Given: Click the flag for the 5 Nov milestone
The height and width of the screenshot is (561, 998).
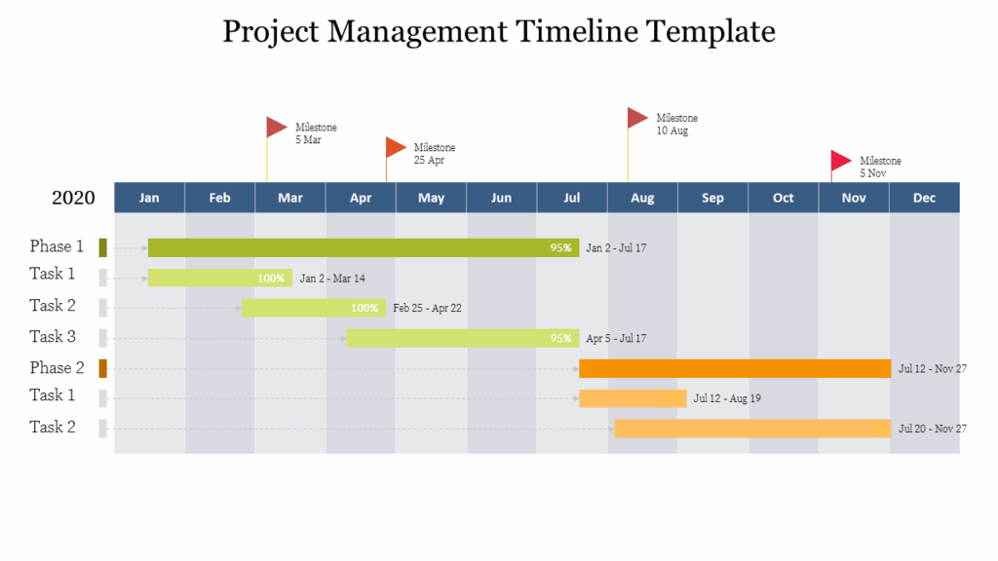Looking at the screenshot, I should pyautogui.click(x=840, y=161).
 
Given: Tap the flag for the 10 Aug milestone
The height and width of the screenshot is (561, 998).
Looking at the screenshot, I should pyautogui.click(x=637, y=118).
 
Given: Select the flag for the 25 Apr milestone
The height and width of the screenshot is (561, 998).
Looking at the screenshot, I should pyautogui.click(x=395, y=147).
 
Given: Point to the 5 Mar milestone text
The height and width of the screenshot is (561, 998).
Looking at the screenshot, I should pyautogui.click(x=316, y=133).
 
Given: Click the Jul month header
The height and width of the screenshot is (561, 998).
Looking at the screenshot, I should pyautogui.click(x=572, y=198).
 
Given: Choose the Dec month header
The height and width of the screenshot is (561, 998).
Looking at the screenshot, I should pyautogui.click(x=924, y=198).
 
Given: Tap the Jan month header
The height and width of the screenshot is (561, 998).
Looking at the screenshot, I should pyautogui.click(x=149, y=198).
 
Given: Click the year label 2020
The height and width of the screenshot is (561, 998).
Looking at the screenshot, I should pyautogui.click(x=73, y=199).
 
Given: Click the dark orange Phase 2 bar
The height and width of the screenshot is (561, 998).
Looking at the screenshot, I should pyautogui.click(x=735, y=368).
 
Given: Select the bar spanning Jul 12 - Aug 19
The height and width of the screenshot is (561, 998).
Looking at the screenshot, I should pyautogui.click(x=633, y=398).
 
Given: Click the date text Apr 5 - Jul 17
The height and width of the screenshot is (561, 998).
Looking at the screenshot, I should pyautogui.click(x=616, y=339).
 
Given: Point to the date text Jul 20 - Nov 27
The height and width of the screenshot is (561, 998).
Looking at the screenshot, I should pyautogui.click(x=932, y=429).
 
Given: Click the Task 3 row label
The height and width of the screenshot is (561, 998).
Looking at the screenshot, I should pyautogui.click(x=53, y=337).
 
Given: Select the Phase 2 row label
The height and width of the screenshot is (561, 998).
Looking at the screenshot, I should pyautogui.click(x=57, y=368).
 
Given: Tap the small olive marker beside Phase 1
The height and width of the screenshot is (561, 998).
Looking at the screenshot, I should pyautogui.click(x=102, y=247).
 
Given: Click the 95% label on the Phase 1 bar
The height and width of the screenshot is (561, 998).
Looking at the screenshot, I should pyautogui.click(x=560, y=248).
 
